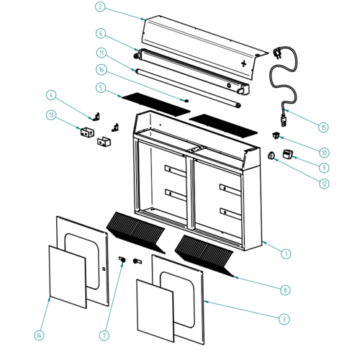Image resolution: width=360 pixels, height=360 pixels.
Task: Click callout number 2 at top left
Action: (x=100, y=7)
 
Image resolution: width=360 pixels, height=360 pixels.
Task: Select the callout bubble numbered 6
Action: (x=100, y=32)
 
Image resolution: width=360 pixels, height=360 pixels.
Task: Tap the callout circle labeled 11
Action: (x=100, y=52)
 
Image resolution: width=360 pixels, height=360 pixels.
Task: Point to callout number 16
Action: (x=100, y=70)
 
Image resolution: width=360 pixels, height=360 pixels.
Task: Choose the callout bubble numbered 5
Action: (x=100, y=88)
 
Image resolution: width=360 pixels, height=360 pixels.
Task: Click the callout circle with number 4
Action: (x=50, y=94)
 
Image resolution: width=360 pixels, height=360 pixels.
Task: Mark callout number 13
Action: (x=50, y=114)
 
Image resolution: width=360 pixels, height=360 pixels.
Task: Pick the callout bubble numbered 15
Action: (x=323, y=127)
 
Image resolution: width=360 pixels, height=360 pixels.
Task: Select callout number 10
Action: (x=323, y=153)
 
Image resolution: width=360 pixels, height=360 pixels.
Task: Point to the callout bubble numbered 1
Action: (x=285, y=253)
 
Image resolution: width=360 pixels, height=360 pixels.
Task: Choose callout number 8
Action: (x=285, y=289)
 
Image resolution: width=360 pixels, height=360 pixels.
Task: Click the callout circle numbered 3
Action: (x=285, y=318)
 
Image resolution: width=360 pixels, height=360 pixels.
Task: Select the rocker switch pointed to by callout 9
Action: (x=289, y=153)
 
